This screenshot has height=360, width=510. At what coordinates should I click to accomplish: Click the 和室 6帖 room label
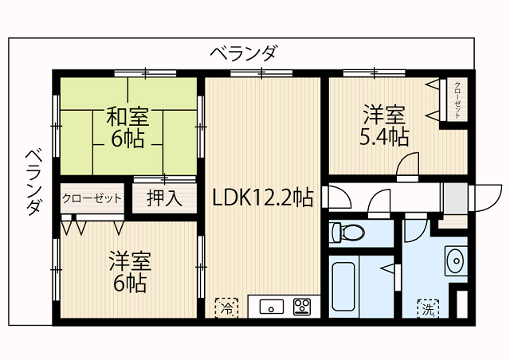click(x=128, y=127)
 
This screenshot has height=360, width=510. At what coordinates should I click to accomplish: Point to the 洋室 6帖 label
click(x=129, y=271)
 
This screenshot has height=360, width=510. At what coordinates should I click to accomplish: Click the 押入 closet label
click(x=164, y=198)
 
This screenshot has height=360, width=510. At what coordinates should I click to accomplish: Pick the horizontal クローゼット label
click(x=92, y=198)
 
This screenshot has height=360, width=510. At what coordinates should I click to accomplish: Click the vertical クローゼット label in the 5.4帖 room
click(x=458, y=100)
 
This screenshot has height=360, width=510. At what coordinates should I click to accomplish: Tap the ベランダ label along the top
click(x=244, y=54)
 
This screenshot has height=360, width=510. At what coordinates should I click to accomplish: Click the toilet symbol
click(x=349, y=233)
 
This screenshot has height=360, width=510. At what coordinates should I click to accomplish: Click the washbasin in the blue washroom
click(x=454, y=260)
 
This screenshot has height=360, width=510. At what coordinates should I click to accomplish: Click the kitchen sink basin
click(x=271, y=307)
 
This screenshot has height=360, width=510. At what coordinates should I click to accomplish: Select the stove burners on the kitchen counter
click(x=303, y=307)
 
